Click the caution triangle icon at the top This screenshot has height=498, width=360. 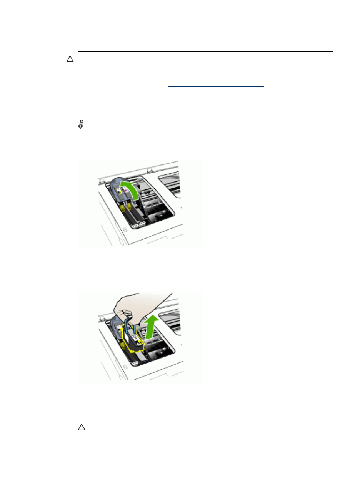point(70,59)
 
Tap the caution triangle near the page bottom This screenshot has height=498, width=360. point(81,427)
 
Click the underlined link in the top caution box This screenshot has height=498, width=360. point(216,87)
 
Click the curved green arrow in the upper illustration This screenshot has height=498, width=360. point(130,191)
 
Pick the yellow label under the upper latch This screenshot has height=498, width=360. point(119,191)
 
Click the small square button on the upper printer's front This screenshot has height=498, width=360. point(125,231)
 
